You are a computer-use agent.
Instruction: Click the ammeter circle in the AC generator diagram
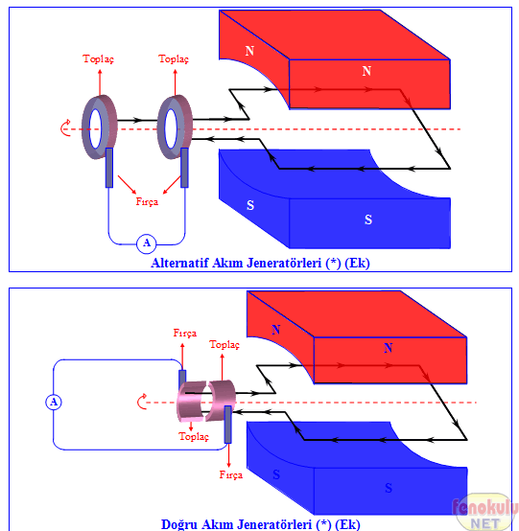pyautogui.click(x=147, y=243)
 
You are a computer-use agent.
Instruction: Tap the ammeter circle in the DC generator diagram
pyautogui.click(x=54, y=402)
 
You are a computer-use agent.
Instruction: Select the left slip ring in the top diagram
pyautogui.click(x=100, y=127)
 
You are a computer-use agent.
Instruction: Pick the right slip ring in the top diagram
pyautogui.click(x=175, y=127)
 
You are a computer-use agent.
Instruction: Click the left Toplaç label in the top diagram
pyautogui.click(x=98, y=59)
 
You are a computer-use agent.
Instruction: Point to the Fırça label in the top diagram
pyautogui.click(x=147, y=202)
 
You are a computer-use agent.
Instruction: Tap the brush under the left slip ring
pyautogui.click(x=109, y=168)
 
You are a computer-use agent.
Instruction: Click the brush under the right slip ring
pyautogui.click(x=184, y=168)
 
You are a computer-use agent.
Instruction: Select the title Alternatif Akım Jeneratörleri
pyautogui.click(x=236, y=264)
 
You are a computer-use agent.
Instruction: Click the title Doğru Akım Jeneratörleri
pyautogui.click(x=236, y=524)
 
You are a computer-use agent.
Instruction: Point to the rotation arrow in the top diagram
pyautogui.click(x=65, y=128)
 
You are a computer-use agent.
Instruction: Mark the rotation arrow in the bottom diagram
pyautogui.click(x=142, y=402)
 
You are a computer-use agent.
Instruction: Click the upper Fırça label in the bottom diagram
pyautogui.click(x=185, y=334)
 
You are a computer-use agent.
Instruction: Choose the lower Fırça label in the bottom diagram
pyautogui.click(x=231, y=474)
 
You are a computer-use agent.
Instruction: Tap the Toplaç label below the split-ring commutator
pyautogui.click(x=194, y=436)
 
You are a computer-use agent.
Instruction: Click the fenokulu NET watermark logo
pyautogui.click(x=484, y=513)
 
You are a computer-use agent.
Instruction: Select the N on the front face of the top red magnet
pyautogui.click(x=366, y=71)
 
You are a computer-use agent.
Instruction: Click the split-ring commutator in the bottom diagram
pyautogui.click(x=206, y=401)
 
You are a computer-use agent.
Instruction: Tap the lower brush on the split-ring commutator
pyautogui.click(x=227, y=425)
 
